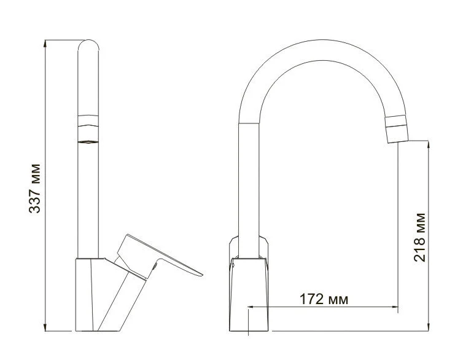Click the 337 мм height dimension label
[36, 188]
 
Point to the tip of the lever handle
[200, 273]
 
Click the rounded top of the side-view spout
[88, 47]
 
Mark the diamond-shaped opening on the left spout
[88, 142]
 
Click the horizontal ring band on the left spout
[88, 120]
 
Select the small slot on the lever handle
[158, 265]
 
